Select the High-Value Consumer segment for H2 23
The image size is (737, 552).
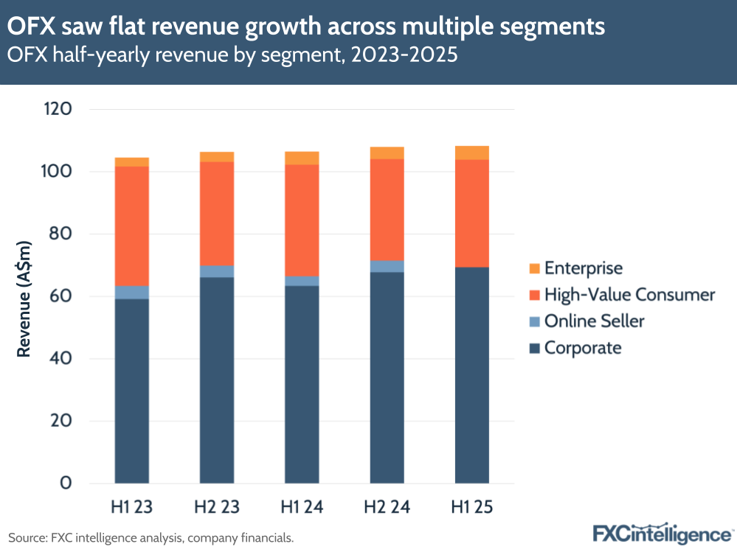[x=217, y=214]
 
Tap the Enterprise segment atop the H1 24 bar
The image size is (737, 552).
[x=302, y=158]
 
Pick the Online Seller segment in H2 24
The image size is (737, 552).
[x=387, y=266]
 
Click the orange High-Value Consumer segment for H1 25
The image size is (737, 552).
[x=472, y=213]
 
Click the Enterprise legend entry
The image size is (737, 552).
[x=583, y=268]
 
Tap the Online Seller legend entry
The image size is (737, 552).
[x=594, y=321]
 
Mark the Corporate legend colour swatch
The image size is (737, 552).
[x=533, y=348]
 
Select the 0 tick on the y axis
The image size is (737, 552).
[x=66, y=483]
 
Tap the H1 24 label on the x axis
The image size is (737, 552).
[x=302, y=507]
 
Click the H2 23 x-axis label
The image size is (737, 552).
[x=217, y=507]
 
